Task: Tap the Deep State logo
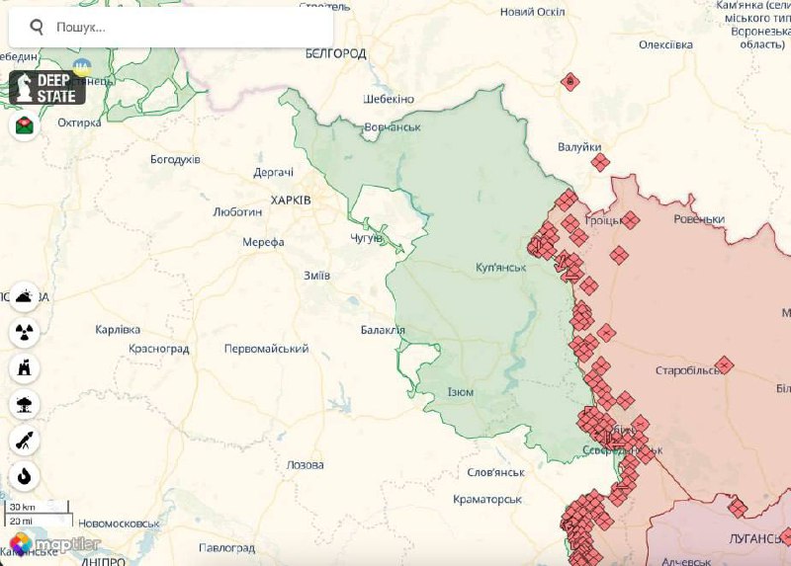47,88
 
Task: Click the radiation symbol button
25,332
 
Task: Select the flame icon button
25,477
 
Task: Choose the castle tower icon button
25,368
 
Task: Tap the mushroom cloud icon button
25,404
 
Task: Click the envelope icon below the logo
25,125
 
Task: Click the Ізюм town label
460,392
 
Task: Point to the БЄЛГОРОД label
335,53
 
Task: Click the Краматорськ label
486,500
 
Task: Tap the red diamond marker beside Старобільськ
724,364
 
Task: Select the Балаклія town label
382,329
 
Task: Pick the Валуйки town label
578,147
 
